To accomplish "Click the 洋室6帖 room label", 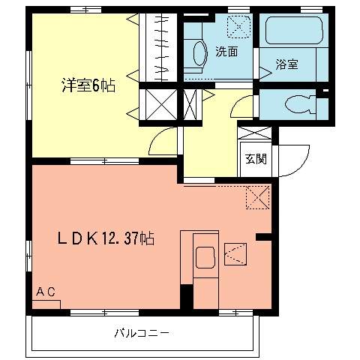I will pyautogui.click(x=88, y=85).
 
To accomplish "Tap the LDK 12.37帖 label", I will pyautogui.click(x=106, y=239).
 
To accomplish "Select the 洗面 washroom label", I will pyautogui.click(x=226, y=52).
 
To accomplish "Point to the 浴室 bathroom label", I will pyautogui.click(x=286, y=64).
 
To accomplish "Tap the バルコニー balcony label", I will pyautogui.click(x=142, y=332).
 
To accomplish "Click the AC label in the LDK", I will pyautogui.click(x=45, y=292).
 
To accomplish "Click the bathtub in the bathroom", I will pyautogui.click(x=293, y=32).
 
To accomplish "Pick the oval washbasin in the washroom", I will pyautogui.click(x=199, y=52).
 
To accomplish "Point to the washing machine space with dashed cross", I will pyautogui.click(x=239, y=28).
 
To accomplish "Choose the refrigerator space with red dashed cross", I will pyautogui.click(x=257, y=197).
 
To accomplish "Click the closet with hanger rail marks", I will pyautogui.click(x=160, y=46).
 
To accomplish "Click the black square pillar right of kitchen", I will pyautogui.click(x=262, y=237).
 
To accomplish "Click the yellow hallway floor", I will pyautogui.click(x=209, y=142).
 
